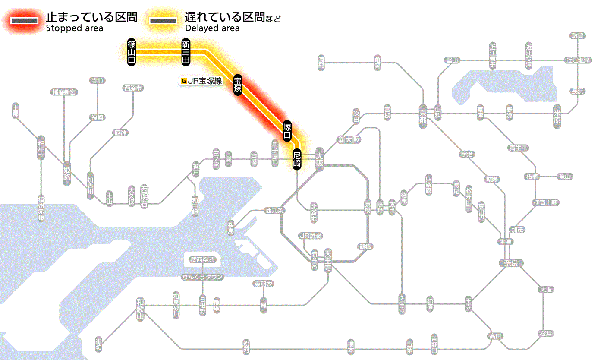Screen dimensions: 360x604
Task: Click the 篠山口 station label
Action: tap(132, 52)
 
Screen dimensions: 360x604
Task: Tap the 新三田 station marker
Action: tap(186, 52)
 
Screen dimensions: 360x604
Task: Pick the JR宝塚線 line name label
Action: tap(202, 80)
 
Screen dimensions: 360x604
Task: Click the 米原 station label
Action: tap(557, 117)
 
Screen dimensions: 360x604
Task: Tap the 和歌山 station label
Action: tap(140, 309)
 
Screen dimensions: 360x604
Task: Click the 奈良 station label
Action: tap(510, 262)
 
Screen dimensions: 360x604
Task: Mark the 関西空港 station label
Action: tap(202, 260)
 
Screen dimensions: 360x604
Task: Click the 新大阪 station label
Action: tap(349, 139)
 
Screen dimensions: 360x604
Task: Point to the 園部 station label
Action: tap(321, 63)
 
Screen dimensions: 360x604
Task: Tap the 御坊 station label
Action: tap(99, 345)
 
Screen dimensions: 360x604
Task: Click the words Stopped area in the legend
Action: tap(75, 28)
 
